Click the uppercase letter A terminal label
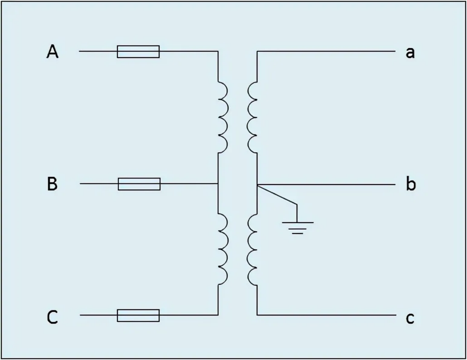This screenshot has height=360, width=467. pyautogui.click(x=53, y=51)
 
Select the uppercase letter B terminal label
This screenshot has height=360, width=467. pyautogui.click(x=52, y=184)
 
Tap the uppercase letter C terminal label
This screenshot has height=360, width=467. pyautogui.click(x=52, y=317)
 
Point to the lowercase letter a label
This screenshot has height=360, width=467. pyautogui.click(x=410, y=53)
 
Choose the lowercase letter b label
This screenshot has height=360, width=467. pyautogui.click(x=411, y=183)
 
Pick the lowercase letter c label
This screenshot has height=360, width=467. pyautogui.click(x=410, y=318)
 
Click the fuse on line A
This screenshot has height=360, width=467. pyautogui.click(x=138, y=51)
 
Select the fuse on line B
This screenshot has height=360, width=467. pyautogui.click(x=139, y=184)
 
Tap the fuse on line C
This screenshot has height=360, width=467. pyautogui.click(x=138, y=315)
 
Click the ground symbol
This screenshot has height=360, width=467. pyautogui.click(x=297, y=228)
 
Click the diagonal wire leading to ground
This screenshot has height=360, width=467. pyautogui.click(x=277, y=195)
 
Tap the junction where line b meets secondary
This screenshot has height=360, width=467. pyautogui.click(x=257, y=185)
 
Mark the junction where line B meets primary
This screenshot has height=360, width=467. pyautogui.click(x=218, y=184)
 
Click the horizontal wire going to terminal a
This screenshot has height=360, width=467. pyautogui.click(x=326, y=51)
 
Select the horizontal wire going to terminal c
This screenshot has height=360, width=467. pyautogui.click(x=327, y=315)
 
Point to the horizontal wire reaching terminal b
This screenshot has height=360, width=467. pyautogui.click(x=326, y=185)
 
